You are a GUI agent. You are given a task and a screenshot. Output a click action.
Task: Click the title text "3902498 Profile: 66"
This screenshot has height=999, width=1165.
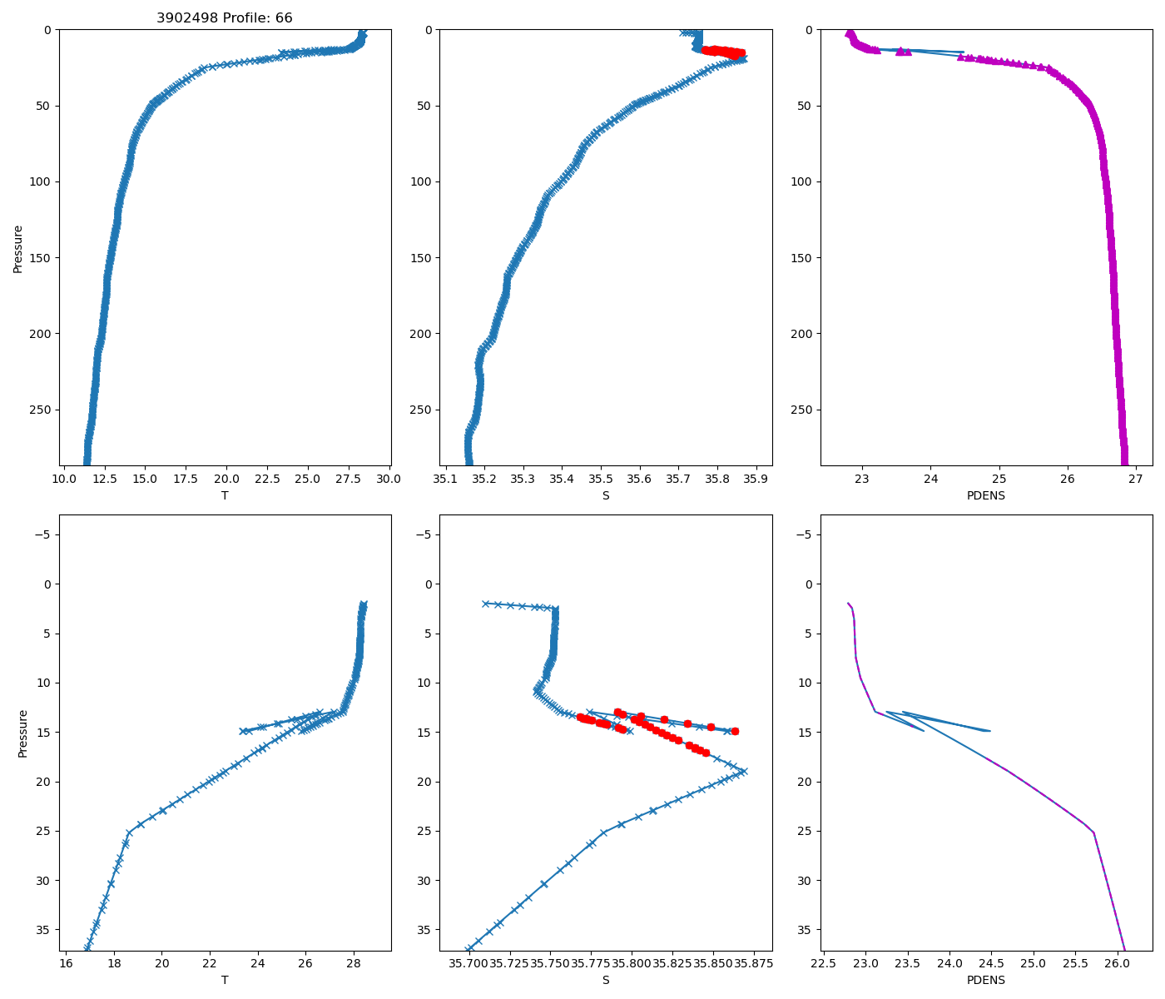click(x=225, y=18)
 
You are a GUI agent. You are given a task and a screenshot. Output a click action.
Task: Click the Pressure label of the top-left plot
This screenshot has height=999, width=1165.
click(x=18, y=248)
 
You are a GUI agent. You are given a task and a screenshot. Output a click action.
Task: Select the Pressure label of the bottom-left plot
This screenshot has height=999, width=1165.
click(x=23, y=733)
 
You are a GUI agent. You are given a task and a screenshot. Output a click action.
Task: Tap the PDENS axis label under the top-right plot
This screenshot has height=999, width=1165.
click(x=986, y=495)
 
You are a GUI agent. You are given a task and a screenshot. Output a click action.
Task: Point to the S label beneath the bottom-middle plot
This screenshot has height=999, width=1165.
click(x=606, y=980)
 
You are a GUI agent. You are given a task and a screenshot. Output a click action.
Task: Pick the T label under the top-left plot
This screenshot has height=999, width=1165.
click(x=225, y=495)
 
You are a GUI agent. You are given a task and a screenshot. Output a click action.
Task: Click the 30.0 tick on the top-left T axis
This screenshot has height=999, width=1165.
click(x=389, y=479)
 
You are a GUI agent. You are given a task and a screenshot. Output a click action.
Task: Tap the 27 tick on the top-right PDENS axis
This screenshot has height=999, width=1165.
click(x=1136, y=479)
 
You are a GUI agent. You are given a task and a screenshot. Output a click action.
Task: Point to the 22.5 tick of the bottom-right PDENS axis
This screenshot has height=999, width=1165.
click(x=823, y=963)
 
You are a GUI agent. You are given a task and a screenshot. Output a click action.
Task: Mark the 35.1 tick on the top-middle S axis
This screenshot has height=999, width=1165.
click(x=445, y=479)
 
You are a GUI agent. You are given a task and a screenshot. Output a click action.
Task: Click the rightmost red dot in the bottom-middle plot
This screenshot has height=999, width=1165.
click(x=735, y=731)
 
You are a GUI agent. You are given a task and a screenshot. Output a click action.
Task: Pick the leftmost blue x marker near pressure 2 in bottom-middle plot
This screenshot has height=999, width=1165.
click(x=485, y=604)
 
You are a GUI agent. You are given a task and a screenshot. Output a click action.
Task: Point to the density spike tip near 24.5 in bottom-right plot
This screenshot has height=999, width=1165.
click(x=989, y=731)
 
